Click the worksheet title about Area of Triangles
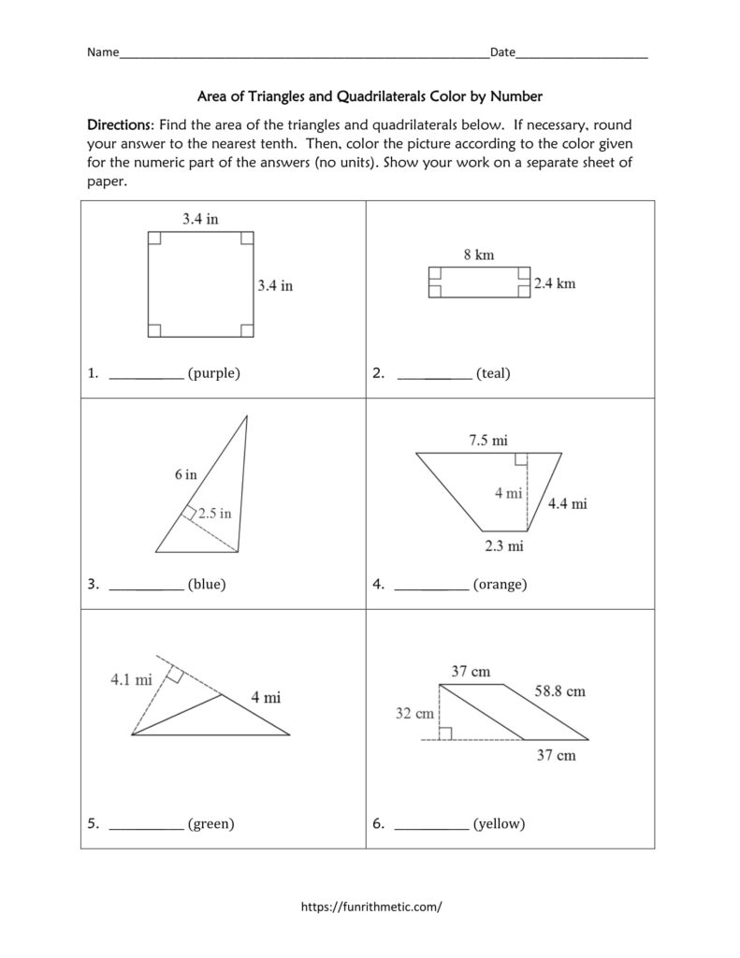point(370,95)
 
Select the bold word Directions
point(119,124)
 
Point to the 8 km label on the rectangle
point(478,254)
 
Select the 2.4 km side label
point(554,283)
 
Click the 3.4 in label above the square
point(200,220)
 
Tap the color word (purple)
point(213,373)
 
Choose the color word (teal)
point(492,373)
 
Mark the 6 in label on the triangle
point(185,474)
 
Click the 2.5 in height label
point(215,513)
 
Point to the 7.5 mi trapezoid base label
point(488,439)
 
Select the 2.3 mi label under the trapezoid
point(502,545)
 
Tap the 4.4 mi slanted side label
point(567,504)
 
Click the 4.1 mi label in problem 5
point(131,680)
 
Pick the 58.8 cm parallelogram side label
point(559,691)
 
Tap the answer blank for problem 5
point(146,824)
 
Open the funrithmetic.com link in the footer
point(370,907)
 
